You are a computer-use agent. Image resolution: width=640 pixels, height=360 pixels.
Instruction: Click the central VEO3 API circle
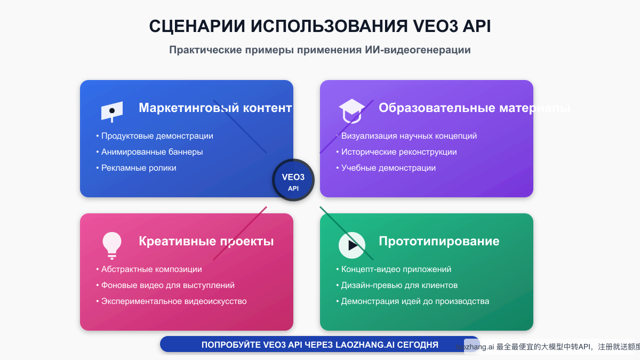[x=293, y=180]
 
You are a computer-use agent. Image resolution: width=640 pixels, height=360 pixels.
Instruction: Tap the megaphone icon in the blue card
[x=112, y=111]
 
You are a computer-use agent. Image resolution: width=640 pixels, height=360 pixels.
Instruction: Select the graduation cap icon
[x=351, y=110]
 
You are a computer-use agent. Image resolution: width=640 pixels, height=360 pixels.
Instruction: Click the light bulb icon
[x=112, y=245]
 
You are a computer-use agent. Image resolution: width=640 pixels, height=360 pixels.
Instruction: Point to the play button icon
[x=352, y=245]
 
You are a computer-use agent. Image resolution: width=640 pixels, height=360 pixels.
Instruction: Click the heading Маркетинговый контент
[x=215, y=108]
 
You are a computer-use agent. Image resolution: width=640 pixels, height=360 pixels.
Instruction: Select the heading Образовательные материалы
[x=474, y=108]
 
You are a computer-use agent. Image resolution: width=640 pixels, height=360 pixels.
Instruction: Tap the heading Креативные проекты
[x=206, y=241]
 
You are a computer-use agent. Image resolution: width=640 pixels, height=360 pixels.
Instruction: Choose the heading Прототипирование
[x=439, y=241]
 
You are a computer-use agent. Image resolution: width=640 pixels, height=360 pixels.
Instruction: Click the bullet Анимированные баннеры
[x=152, y=152]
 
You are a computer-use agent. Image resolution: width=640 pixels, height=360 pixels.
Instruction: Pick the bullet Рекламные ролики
[x=139, y=168]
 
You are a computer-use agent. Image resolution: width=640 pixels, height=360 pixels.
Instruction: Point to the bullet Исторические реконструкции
[x=399, y=152]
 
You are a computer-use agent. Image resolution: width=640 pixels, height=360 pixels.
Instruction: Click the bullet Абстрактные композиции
[x=151, y=269]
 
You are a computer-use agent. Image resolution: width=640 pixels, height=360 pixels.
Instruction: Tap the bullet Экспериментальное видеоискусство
[x=174, y=301]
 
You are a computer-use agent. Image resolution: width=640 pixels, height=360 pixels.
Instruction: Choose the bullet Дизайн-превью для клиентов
[x=399, y=285]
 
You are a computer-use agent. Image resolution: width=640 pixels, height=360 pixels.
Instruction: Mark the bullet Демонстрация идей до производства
[x=415, y=301]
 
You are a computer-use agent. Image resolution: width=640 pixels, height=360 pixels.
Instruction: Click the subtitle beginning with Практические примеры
[x=320, y=50]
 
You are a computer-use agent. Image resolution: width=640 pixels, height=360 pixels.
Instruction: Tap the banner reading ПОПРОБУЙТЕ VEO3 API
[x=319, y=345]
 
